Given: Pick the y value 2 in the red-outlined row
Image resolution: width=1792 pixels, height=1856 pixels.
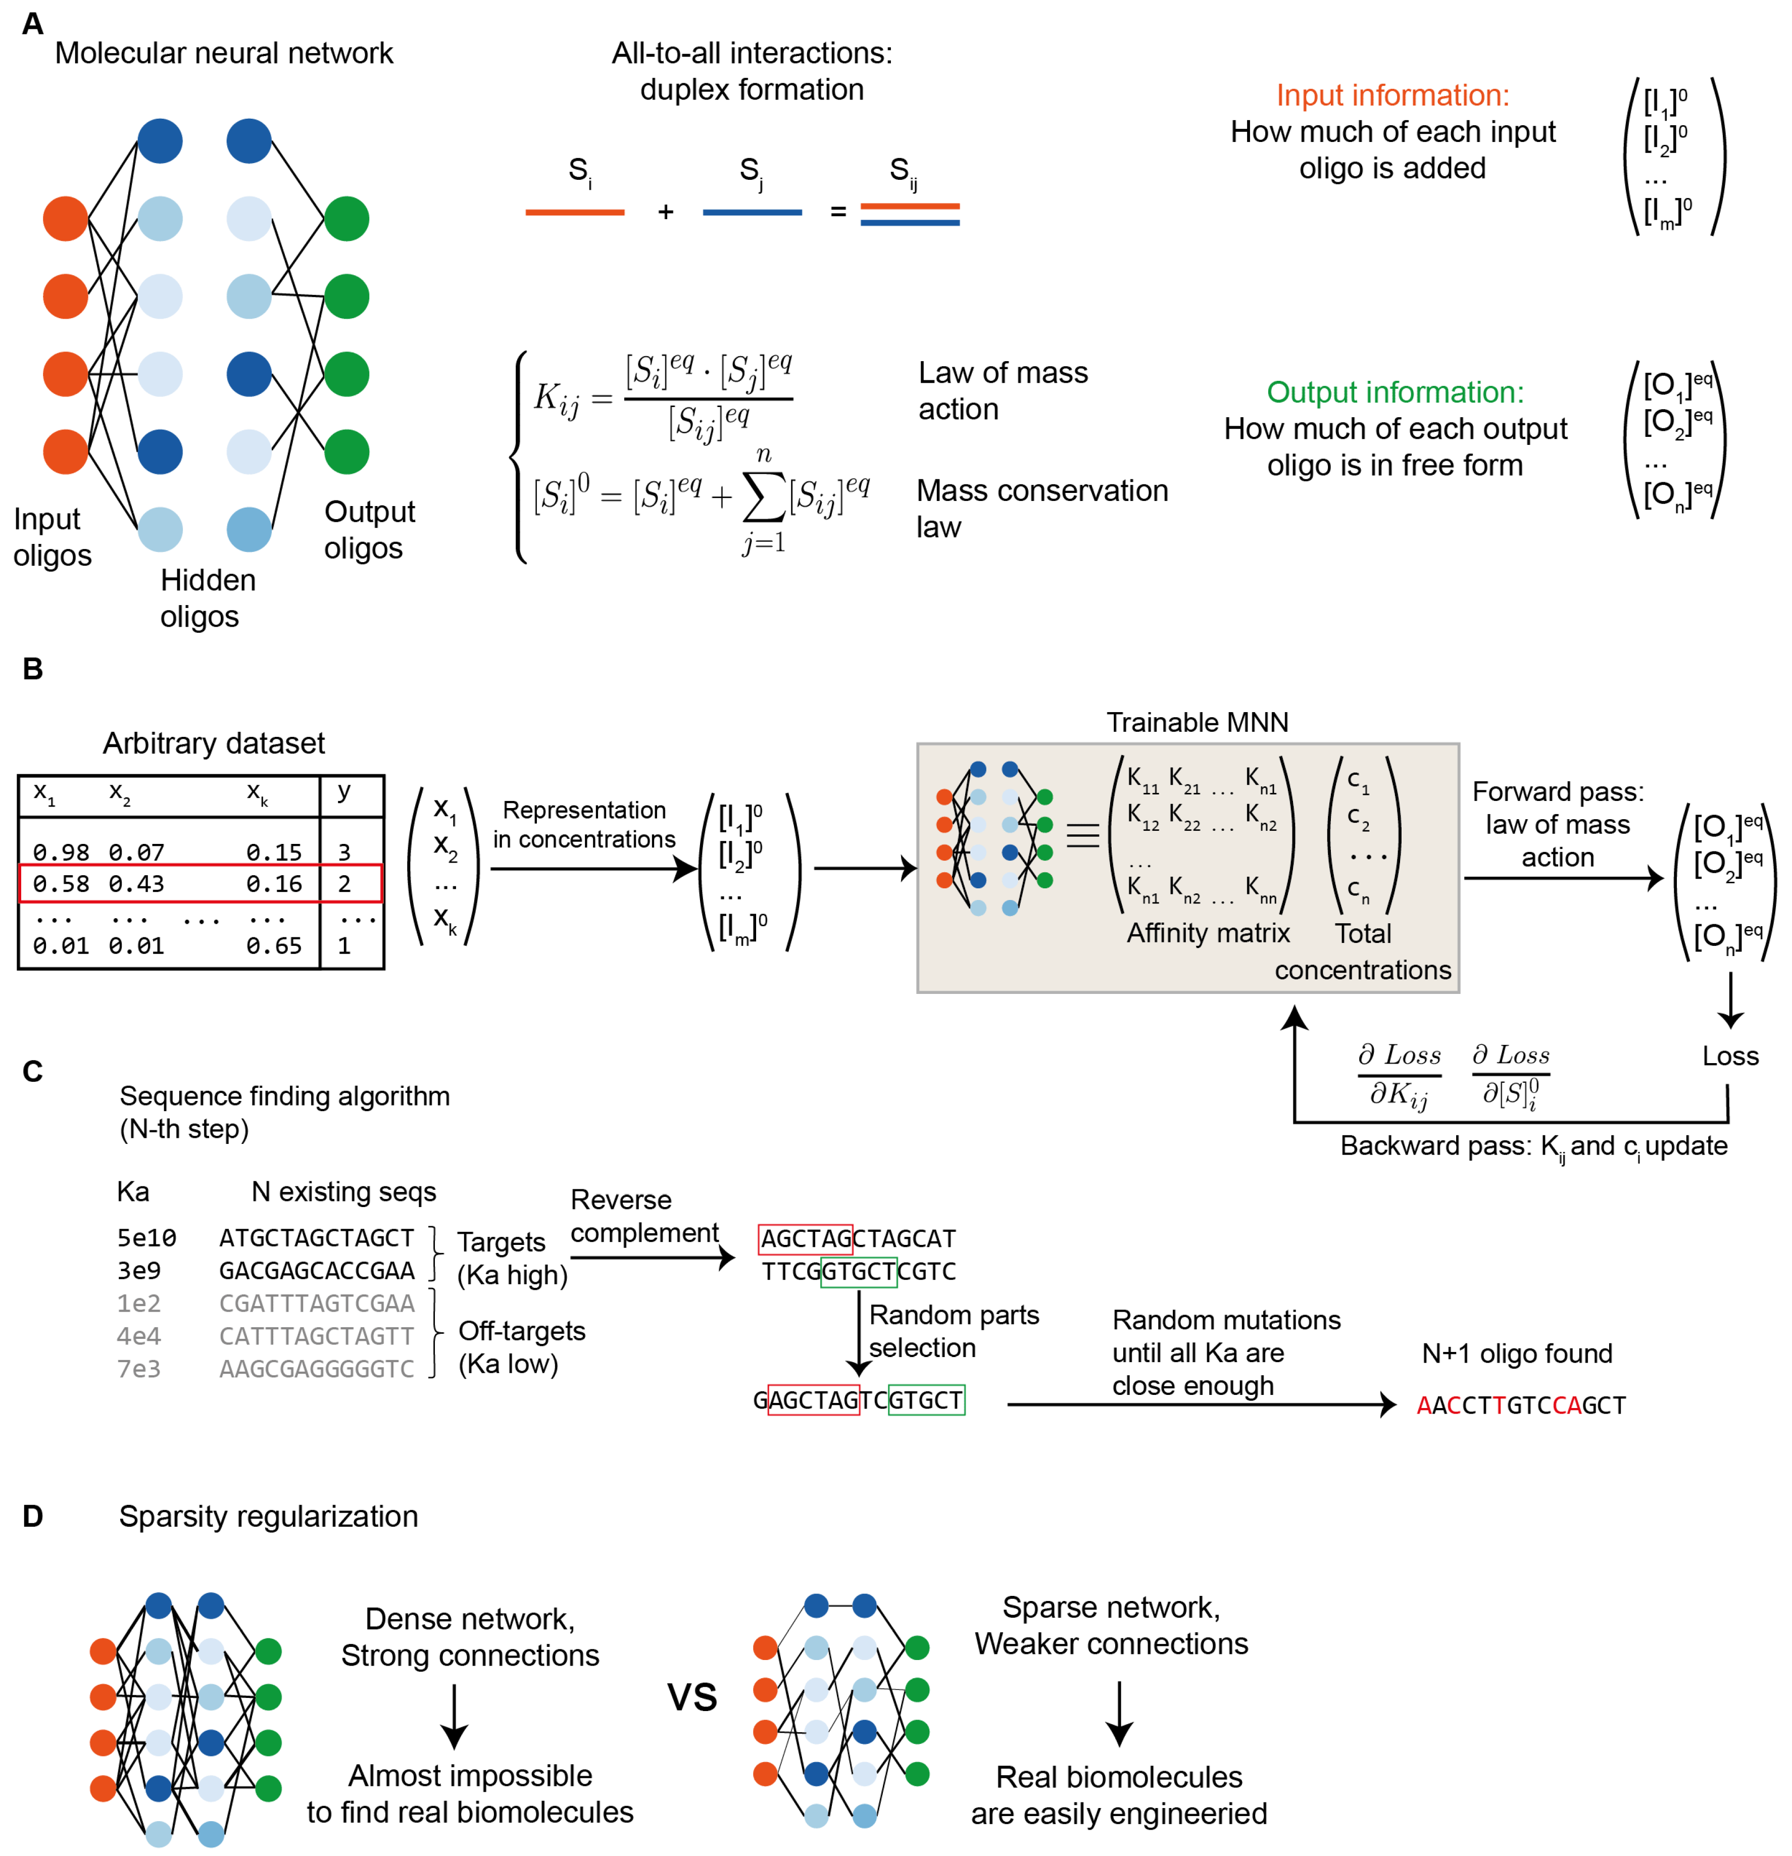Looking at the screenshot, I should [x=345, y=883].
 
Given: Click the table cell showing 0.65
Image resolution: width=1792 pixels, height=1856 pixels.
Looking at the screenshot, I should [x=274, y=945].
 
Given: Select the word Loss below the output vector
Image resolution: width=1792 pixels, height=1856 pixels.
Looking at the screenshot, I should [x=1729, y=1056].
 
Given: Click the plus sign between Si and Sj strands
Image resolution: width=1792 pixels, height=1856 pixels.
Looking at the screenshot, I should [x=666, y=212].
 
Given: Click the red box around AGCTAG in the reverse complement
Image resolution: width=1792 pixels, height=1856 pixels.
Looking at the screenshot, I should [x=805, y=1238].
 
